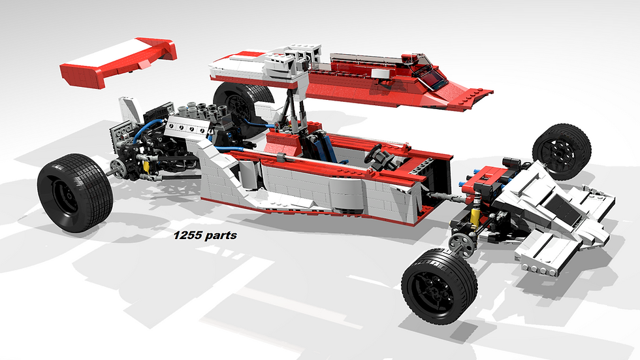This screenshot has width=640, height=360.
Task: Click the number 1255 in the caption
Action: pos(187,235)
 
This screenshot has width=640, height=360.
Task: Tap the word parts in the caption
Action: pos(221,236)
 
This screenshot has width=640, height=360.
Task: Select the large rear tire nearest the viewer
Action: pos(74,193)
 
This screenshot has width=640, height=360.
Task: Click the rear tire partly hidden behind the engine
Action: pos(240,106)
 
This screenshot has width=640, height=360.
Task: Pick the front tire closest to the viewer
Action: pos(439,286)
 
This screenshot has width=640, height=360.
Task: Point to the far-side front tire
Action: pos(562,152)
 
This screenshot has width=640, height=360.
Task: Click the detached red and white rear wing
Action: pos(118,61)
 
